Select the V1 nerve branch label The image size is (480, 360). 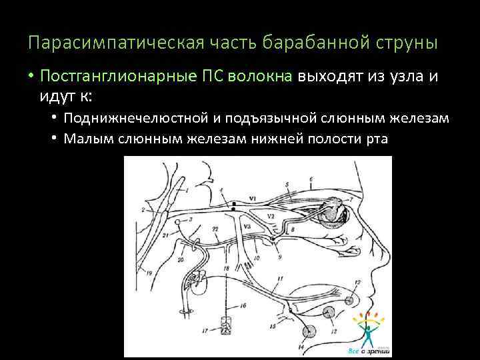[x=252, y=199]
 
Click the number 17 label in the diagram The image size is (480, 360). [x=204, y=329]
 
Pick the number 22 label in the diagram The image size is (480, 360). [x=215, y=229]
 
